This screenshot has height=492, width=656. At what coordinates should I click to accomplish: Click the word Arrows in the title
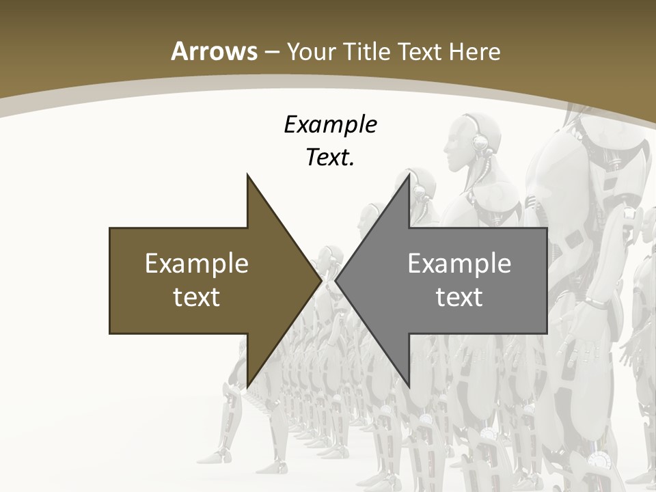[215, 51]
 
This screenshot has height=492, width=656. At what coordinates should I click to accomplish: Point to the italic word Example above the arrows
[330, 125]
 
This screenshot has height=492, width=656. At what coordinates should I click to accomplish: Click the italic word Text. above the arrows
[330, 158]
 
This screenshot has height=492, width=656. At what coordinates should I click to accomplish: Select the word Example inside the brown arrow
[197, 263]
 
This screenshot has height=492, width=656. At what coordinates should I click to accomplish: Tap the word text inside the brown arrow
[197, 297]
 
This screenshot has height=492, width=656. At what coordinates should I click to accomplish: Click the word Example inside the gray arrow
[459, 263]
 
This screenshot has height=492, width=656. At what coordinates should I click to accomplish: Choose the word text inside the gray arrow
[459, 297]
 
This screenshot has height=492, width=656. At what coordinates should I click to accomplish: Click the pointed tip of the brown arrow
[320, 281]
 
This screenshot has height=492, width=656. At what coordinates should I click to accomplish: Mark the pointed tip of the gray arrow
[336, 281]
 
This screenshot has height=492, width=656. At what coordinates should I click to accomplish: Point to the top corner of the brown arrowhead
[247, 175]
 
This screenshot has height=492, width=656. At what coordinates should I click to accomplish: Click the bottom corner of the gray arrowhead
[409, 387]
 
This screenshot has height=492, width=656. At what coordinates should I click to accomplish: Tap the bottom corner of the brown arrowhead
[247, 387]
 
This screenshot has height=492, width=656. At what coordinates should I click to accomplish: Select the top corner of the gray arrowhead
[409, 175]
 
